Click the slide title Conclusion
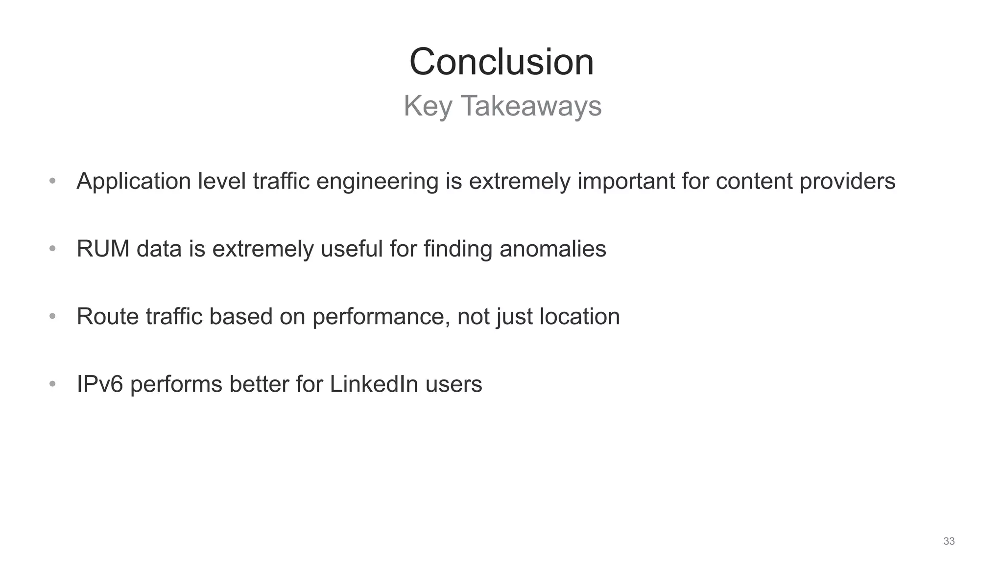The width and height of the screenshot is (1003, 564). pos(501,62)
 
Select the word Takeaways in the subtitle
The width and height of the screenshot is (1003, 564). pos(531,106)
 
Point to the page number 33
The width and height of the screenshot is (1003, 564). pos(949,541)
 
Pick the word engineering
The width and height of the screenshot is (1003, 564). pos(377,182)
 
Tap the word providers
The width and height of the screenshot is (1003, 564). pos(847,182)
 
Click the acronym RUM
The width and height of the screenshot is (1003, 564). pos(103,249)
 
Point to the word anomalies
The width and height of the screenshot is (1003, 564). pos(552,249)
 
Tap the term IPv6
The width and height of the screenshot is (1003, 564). pos(100,384)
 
